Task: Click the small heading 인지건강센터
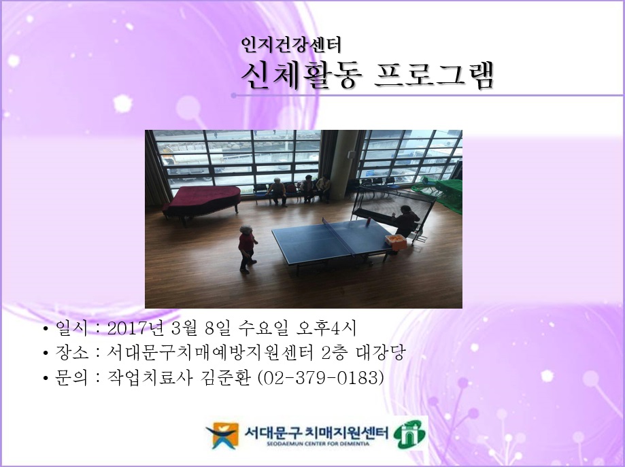point(291,46)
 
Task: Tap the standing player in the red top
point(247,247)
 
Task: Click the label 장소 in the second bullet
point(71,353)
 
